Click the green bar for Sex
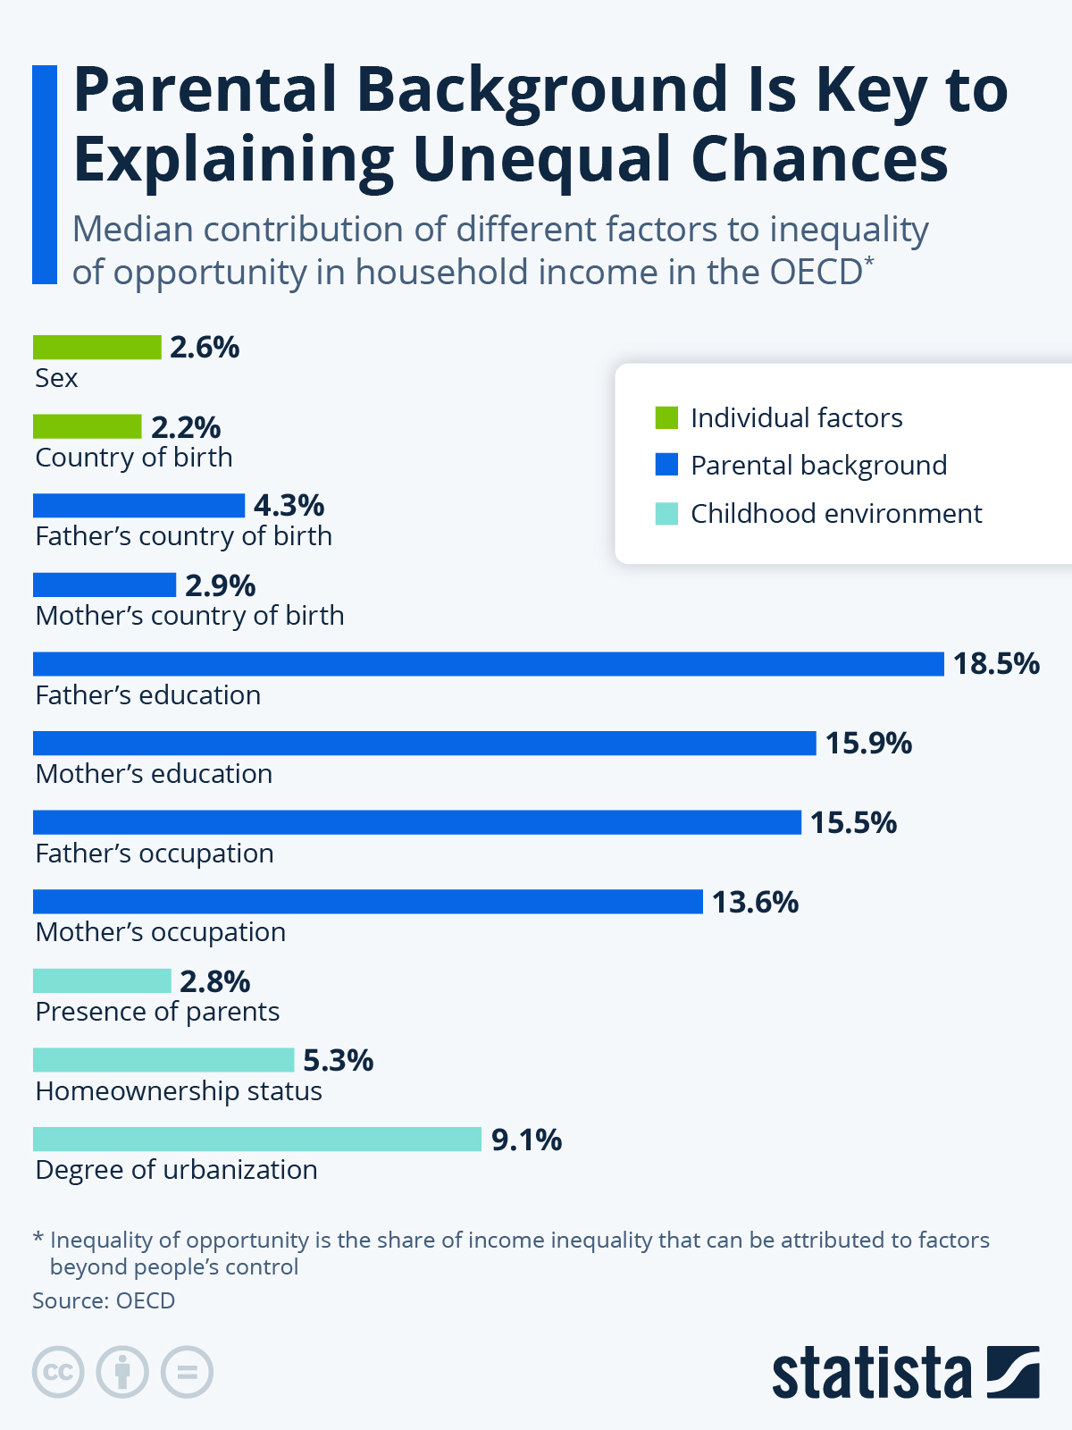[97, 348]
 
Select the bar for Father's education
[488, 664]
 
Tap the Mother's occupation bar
[368, 902]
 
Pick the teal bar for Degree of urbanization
[257, 1139]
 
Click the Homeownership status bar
[163, 1060]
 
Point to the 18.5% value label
[996, 664]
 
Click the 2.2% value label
[186, 428]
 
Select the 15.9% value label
[869, 744]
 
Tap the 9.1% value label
[526, 1140]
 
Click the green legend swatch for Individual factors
[666, 417]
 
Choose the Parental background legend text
[819, 466]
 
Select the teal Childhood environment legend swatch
[666, 513]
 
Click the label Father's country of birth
[183, 536]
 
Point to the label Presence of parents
[157, 1012]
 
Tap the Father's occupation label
[155, 854]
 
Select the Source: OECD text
[105, 1300]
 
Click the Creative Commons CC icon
[58, 1372]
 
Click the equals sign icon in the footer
[187, 1372]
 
